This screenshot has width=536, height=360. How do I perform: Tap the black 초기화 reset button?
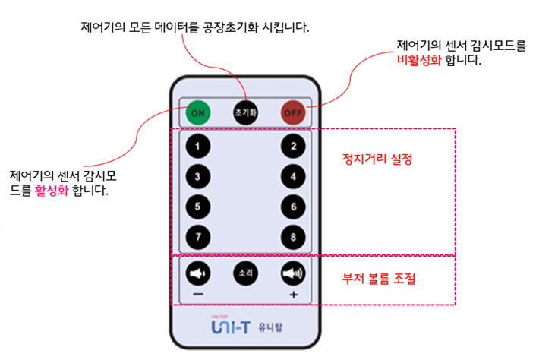click(x=245, y=112)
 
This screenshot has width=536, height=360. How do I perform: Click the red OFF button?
click(x=292, y=112)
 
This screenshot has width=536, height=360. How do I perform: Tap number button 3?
click(x=198, y=176)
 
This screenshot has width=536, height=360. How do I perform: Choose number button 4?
click(x=292, y=176)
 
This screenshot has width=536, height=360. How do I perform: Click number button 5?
click(x=198, y=206)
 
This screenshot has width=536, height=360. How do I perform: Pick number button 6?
click(x=292, y=206)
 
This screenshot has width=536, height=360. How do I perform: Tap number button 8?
click(x=292, y=236)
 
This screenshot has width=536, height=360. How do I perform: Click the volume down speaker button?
click(x=198, y=273)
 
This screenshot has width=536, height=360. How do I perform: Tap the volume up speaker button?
click(x=292, y=273)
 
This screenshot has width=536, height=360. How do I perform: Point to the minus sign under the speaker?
click(x=197, y=294)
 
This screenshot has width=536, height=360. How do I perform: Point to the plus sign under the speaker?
click(x=293, y=294)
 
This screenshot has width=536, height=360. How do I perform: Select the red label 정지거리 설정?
click(x=371, y=161)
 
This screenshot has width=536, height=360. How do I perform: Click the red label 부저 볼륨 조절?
click(x=379, y=279)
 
